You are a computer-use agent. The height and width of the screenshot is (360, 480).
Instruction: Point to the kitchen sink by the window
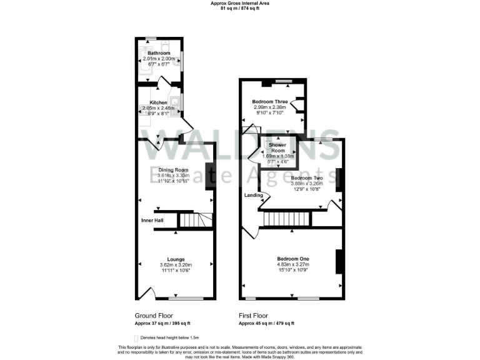[176, 104]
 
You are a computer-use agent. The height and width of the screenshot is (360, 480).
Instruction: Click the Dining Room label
[173, 170]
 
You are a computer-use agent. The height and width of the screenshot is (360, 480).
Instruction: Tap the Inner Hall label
[152, 221]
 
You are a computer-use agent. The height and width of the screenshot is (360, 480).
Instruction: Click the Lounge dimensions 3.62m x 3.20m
[175, 265]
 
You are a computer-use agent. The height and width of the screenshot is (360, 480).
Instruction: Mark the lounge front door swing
[147, 292]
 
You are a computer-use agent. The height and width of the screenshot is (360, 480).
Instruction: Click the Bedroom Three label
[270, 102]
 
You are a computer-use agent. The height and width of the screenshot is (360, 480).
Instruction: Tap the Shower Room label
[277, 147]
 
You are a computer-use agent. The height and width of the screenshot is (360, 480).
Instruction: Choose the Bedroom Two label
[306, 178]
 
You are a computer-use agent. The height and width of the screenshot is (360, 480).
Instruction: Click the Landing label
[253, 195]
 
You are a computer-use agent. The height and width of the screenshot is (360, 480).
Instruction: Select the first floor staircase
[286, 219]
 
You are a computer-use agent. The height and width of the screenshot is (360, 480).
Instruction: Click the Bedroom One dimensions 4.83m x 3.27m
[293, 265]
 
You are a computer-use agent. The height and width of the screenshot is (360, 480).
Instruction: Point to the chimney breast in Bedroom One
[339, 261]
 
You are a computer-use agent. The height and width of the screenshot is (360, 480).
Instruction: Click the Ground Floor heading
[154, 316]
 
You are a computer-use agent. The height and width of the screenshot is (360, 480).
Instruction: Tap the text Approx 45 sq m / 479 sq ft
[266, 323]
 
